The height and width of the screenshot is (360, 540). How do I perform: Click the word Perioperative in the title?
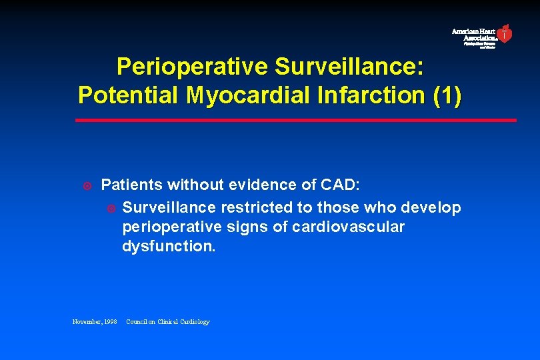tap(192, 67)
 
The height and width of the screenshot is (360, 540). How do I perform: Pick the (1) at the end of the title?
tap(446, 95)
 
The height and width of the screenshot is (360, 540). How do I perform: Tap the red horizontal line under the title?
tap(295, 120)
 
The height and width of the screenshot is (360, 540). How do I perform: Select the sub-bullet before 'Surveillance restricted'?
tap(111, 208)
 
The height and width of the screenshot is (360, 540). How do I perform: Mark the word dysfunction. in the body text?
tap(169, 246)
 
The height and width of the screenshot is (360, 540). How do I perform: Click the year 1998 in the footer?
tap(109, 322)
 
